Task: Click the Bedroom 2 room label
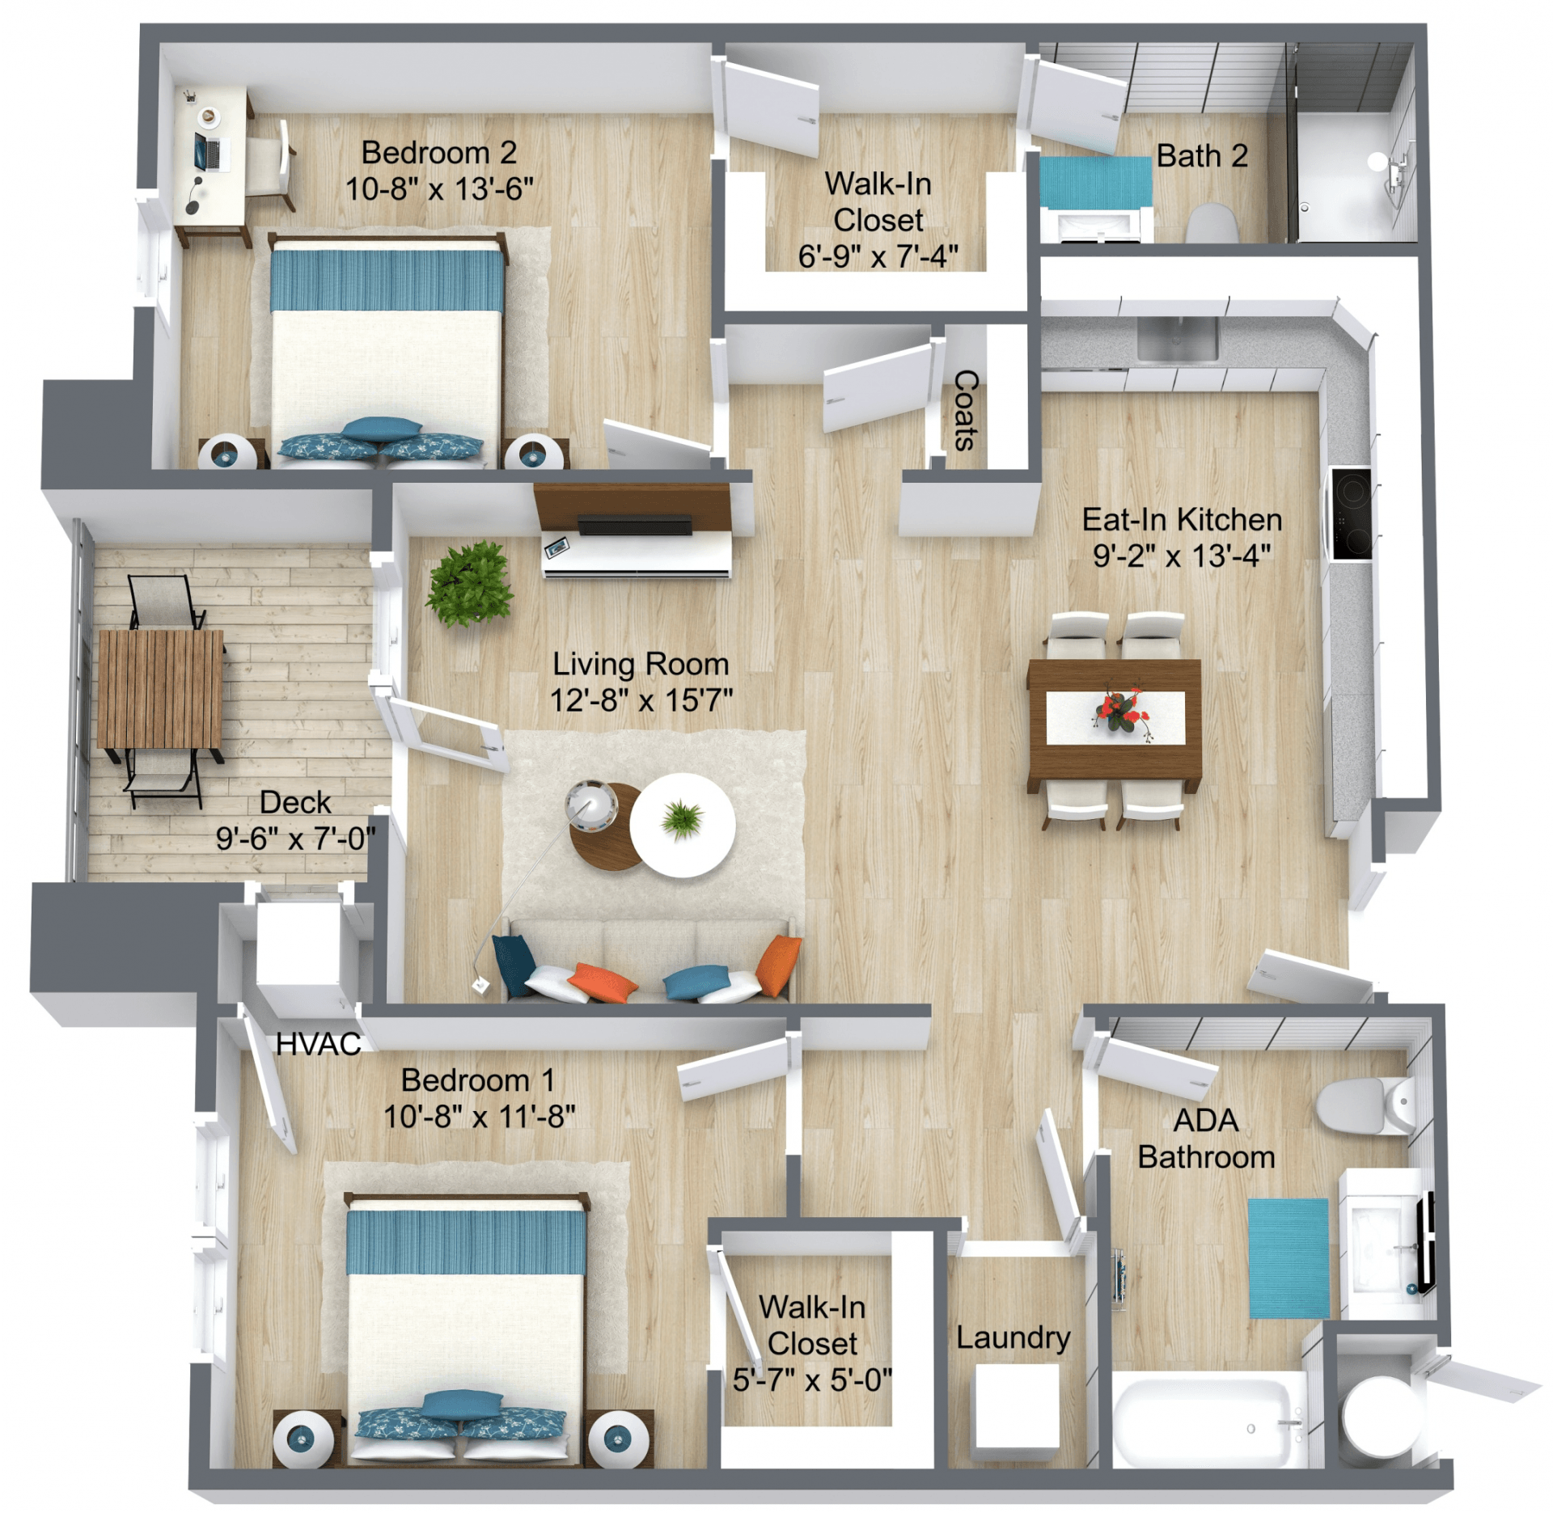click(438, 153)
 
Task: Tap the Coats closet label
click(966, 410)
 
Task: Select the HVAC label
click(318, 1044)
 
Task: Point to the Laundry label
click(1013, 1337)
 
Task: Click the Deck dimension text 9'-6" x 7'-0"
click(295, 839)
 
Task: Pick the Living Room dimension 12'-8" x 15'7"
click(641, 699)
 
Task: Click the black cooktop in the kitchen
click(1352, 514)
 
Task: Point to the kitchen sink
click(1177, 338)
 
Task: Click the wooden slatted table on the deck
click(160, 690)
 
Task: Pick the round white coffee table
click(683, 825)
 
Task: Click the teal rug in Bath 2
click(1094, 182)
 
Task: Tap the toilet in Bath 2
click(1211, 223)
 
